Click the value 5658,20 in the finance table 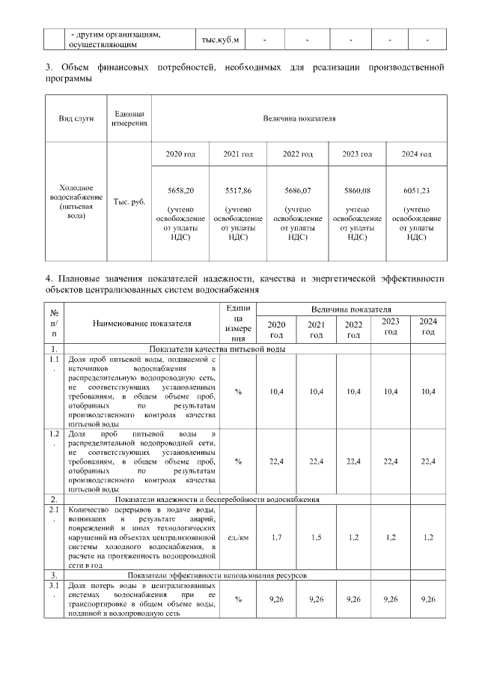[x=180, y=191]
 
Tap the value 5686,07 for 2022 [x=299, y=191]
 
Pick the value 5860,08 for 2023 [x=357, y=191]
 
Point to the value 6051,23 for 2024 [x=416, y=191]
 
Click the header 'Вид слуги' [x=76, y=119]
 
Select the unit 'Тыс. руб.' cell [x=129, y=202]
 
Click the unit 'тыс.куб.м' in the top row [x=221, y=39]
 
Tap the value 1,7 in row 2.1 [x=277, y=538]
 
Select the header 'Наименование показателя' [x=141, y=324]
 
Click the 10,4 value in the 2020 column [x=277, y=391]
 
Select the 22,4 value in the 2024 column [x=428, y=461]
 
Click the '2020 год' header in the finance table [x=180, y=154]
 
